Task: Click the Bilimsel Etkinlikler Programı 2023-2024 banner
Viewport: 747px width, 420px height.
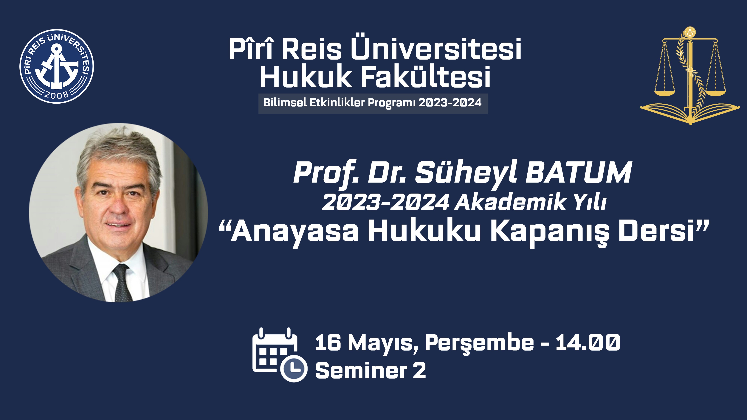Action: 373,103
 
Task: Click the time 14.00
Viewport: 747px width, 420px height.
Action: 588,342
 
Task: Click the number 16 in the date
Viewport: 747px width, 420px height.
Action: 328,343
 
